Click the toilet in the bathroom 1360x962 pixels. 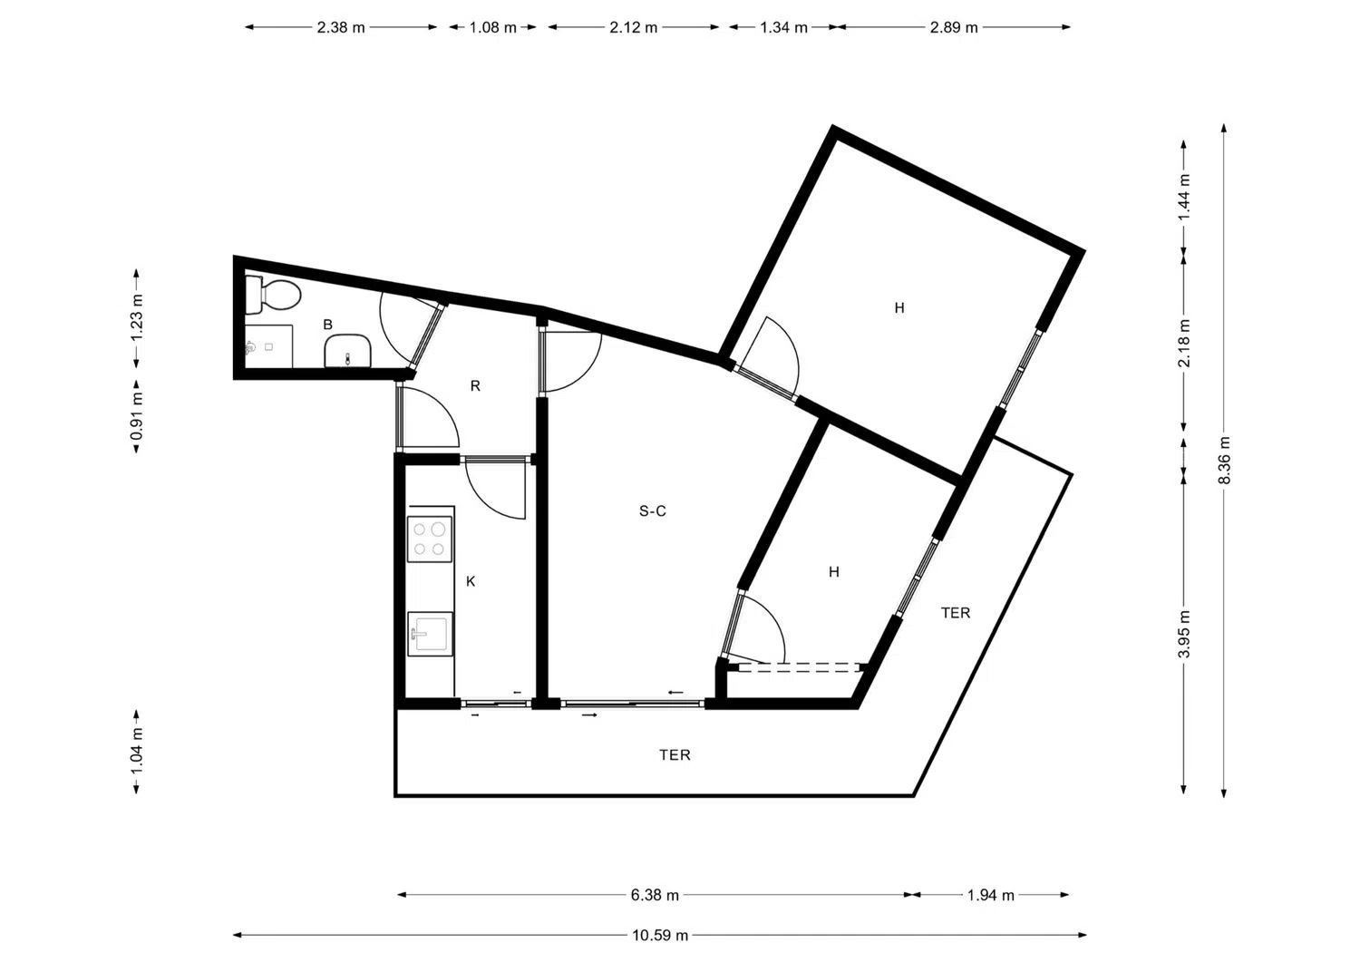[273, 296]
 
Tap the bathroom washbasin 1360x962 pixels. [348, 352]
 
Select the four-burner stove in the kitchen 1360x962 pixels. [429, 539]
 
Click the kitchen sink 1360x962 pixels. [430, 634]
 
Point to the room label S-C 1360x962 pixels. [653, 511]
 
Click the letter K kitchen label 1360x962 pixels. [471, 582]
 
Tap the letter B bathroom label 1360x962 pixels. [328, 325]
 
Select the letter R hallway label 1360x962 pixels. [475, 385]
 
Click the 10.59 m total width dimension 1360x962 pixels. [660, 936]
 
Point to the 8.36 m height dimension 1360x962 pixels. [1224, 461]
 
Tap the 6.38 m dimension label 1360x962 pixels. [655, 895]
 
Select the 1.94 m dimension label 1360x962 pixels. [991, 895]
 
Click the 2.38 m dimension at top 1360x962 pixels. [341, 27]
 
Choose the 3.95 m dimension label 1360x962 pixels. [1184, 634]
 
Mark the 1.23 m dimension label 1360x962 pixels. [137, 318]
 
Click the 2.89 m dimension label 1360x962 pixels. [954, 27]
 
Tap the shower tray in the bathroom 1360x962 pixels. [268, 346]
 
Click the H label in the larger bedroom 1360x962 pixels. [899, 308]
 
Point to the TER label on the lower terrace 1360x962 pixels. [675, 755]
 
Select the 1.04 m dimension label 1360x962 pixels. [137, 752]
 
